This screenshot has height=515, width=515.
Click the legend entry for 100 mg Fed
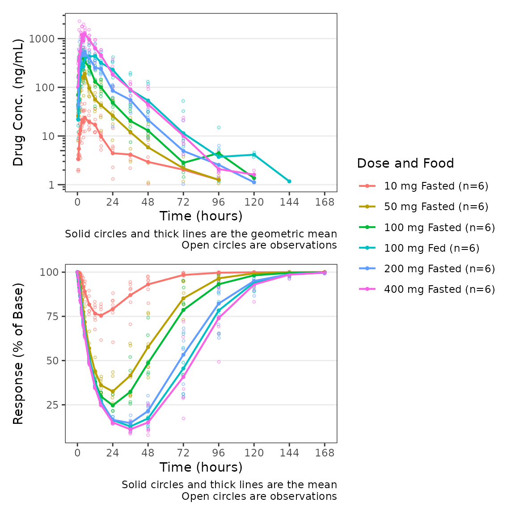tap(431, 248)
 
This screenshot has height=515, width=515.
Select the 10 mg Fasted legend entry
tap(436, 186)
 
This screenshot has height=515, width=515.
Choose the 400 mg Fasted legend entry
tap(439, 289)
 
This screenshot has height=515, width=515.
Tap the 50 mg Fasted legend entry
tap(436, 207)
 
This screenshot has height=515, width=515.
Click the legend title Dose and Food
tap(405, 164)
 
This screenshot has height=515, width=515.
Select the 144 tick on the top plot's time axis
tap(289, 202)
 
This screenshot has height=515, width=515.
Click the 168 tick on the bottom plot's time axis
tap(325, 453)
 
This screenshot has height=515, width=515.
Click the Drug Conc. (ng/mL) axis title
tap(18, 102)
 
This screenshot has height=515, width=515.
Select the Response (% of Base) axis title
tap(18, 353)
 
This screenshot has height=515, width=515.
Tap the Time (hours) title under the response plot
tap(201, 467)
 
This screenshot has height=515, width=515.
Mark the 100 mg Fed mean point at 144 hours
tap(289, 181)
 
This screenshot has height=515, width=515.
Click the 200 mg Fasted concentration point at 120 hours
tap(254, 182)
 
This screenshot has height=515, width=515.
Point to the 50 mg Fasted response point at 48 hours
tap(148, 347)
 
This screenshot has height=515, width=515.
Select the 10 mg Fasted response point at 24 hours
tap(113, 309)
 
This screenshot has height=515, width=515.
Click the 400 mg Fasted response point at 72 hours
tap(183, 377)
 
